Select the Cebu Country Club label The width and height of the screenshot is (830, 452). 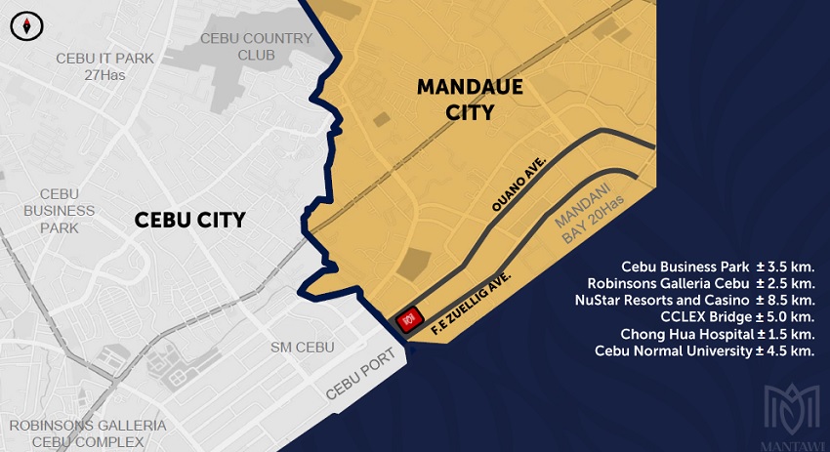click(256, 46)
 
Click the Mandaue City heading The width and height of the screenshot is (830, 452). click(470, 99)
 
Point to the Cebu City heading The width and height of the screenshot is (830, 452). click(189, 221)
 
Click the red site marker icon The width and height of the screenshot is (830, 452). click(409, 317)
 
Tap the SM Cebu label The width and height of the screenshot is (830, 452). click(303, 348)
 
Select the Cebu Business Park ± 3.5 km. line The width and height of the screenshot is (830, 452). click(717, 266)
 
